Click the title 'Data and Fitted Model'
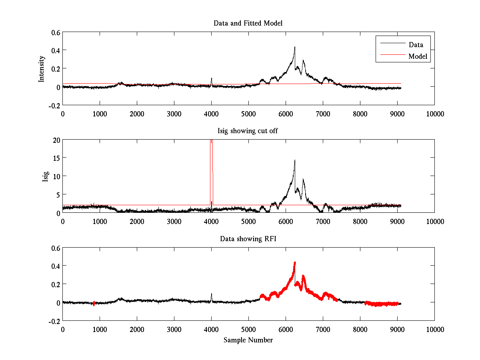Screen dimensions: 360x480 [x=248, y=23]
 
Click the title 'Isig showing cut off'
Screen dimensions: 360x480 [x=248, y=131]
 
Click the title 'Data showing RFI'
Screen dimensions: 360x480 [x=248, y=239]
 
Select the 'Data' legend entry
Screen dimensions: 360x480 [x=416, y=44]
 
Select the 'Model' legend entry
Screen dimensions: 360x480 [x=418, y=56]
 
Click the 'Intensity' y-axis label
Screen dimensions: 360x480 [x=42, y=69]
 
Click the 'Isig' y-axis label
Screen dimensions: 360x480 [x=46, y=176]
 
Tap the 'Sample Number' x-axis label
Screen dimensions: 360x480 [x=248, y=340]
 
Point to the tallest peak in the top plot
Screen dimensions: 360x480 [x=295, y=47]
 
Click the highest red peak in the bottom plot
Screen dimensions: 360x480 [x=295, y=263]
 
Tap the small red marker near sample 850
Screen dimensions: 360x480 [x=94, y=304]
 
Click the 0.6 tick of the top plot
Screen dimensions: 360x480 [x=55, y=32]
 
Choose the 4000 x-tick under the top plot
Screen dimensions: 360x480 [x=211, y=114]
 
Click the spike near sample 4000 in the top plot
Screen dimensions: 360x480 [x=211, y=79]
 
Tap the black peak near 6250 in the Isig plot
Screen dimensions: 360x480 [x=295, y=160]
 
